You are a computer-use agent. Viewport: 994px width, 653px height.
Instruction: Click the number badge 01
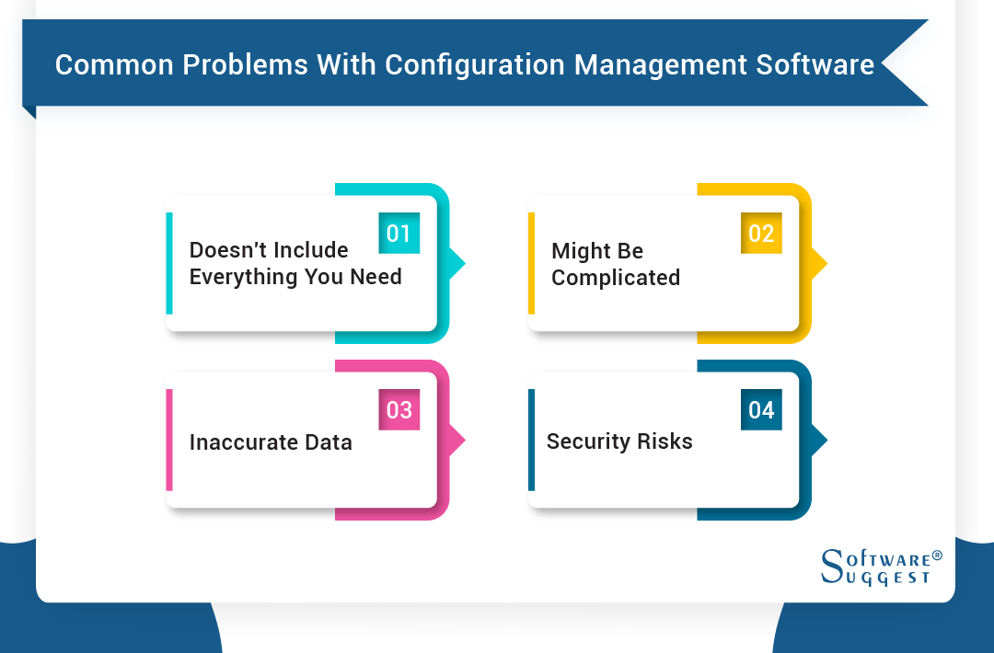399,234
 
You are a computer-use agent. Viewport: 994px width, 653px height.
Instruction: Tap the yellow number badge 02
761,234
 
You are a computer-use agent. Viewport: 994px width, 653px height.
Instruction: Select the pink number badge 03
399,409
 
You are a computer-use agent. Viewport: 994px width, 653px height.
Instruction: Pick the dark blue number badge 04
761,409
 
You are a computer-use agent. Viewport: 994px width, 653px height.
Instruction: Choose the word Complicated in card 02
616,278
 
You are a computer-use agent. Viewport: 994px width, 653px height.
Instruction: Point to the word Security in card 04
589,441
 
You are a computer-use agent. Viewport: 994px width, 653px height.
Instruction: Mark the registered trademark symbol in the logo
937,556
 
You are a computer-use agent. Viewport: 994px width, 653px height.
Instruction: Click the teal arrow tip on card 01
457,264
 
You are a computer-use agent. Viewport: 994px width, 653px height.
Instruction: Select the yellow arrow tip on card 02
820,264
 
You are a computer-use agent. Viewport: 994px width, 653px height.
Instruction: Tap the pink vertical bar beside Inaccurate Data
169,440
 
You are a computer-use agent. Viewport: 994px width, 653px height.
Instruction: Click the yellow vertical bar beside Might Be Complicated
531,263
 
